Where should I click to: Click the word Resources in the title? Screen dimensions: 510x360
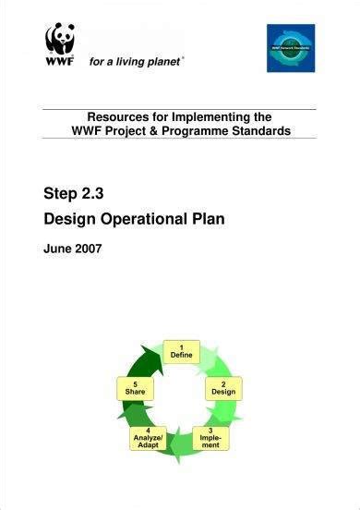120,117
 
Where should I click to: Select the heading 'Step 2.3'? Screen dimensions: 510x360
76,194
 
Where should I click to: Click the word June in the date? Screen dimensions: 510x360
59,249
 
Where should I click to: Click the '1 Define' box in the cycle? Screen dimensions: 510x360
181,351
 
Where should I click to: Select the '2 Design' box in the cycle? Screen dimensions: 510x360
223,387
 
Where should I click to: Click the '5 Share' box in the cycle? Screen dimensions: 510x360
136,387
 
